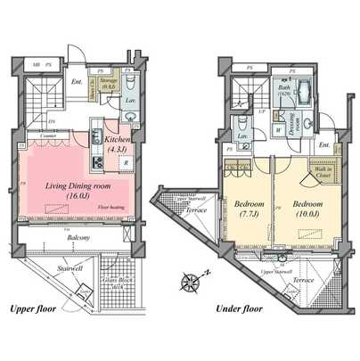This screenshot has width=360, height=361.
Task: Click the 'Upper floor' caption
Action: pos(35,309)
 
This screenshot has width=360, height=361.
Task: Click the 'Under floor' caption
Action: pos(238,309)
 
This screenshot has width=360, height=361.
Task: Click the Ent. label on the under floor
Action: pos(322,145)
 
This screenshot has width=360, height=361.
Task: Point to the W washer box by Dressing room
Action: pos(279,130)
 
